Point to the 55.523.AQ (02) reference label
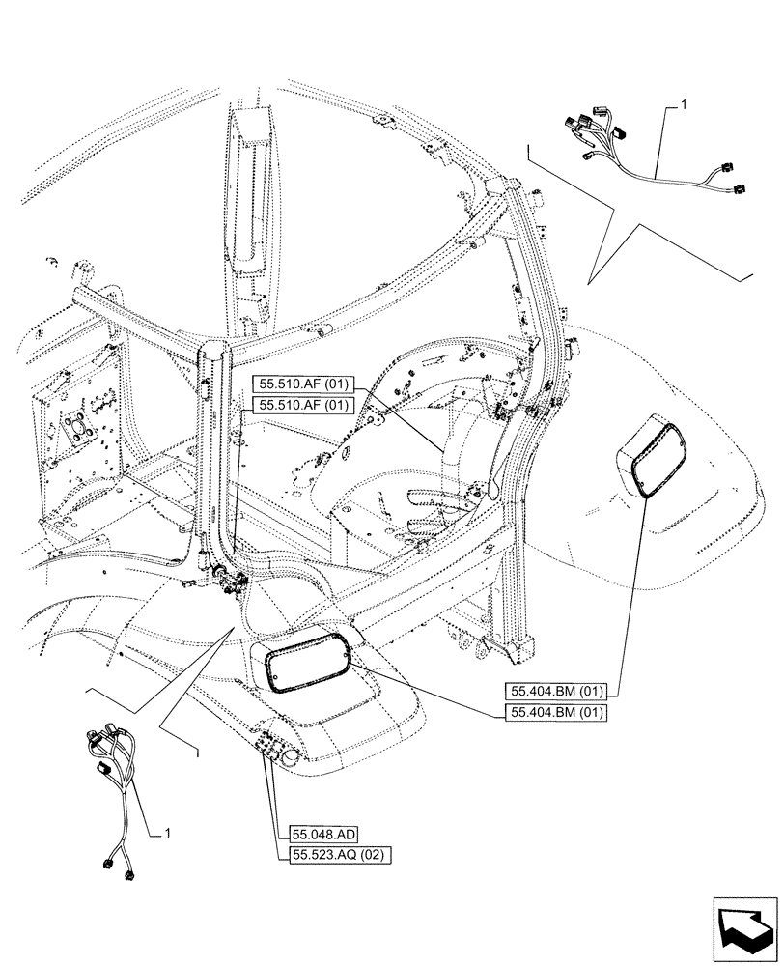point(337,855)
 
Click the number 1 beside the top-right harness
point(684,102)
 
